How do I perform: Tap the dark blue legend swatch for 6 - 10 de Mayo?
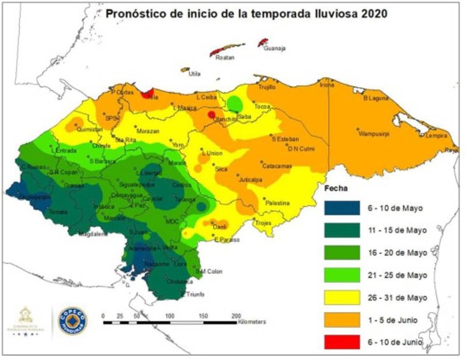[x=342, y=208]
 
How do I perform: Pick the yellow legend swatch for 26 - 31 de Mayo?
[x=342, y=298]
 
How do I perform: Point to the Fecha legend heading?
[x=335, y=188]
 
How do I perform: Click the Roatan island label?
[x=225, y=58]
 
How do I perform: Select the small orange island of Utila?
[x=184, y=70]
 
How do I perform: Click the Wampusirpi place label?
[x=374, y=134]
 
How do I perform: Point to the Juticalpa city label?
[x=250, y=180]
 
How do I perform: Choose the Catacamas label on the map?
[x=277, y=166]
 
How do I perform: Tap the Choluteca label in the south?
[x=177, y=281]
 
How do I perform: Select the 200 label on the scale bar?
[x=236, y=316]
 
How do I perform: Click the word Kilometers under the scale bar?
[x=252, y=322]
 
